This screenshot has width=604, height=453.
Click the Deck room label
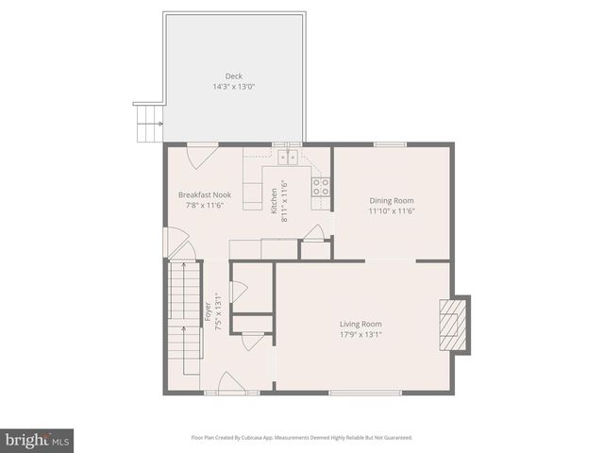[x=233, y=76]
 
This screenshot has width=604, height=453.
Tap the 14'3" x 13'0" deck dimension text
[x=233, y=87]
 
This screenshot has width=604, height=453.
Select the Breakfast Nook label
[x=204, y=195]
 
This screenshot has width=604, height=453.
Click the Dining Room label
[x=391, y=200]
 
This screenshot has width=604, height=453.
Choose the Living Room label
[x=361, y=324]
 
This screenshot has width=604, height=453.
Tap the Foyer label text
[x=207, y=311]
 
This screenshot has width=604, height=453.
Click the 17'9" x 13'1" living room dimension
[x=361, y=334]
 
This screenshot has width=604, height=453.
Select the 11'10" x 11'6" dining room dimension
[x=391, y=210]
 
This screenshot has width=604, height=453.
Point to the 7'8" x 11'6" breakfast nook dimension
[x=204, y=206]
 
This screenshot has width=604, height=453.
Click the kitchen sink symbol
[x=287, y=157]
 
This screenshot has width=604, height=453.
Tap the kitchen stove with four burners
[x=321, y=186]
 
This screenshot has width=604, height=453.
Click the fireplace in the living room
[x=456, y=325]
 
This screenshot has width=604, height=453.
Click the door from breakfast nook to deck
[x=202, y=152]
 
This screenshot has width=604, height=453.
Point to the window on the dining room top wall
[x=390, y=144]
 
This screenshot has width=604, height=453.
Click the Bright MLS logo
[x=37, y=440]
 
